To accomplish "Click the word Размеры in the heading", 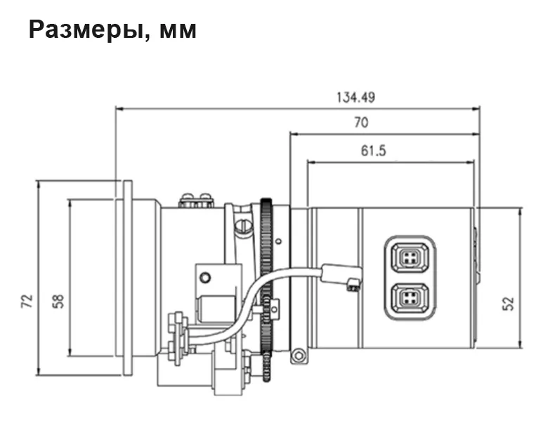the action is coord(86,30).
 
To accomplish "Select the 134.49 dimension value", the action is coord(356,97).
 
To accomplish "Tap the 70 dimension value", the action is coord(361,123).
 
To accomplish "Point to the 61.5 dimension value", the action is coord(373,151).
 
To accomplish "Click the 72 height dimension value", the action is coord(27,301).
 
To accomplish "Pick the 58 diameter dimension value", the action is coord(58,301).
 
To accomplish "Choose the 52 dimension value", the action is coord(509,304).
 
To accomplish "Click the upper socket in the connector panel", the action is coord(410,257).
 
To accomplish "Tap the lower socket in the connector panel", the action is coord(410,297).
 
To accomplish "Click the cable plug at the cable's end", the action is coord(341,276).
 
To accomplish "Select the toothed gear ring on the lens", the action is coord(266,290).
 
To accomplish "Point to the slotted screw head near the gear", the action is coord(243,226).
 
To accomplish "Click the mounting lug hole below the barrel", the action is coord(298,355).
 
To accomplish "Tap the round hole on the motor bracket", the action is coord(205,277).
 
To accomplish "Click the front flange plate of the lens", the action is coord(128,278).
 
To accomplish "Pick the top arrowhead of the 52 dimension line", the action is coord(520,212).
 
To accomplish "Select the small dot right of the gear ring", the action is coord(279,240).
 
